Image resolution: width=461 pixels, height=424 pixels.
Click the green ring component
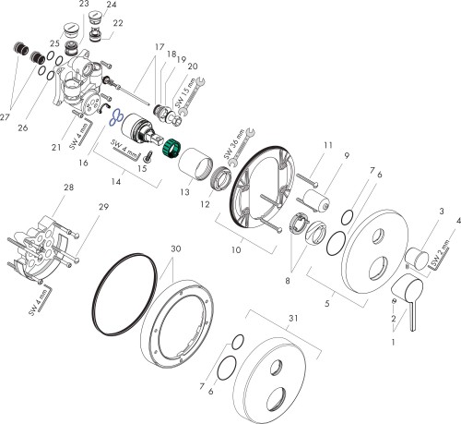pos(171,149)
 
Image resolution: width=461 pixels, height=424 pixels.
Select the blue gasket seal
pos(116,118)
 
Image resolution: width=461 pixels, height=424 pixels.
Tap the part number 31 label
pos(293,318)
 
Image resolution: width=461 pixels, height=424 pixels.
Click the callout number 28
pos(68,187)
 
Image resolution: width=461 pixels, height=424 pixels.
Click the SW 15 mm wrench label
pos(185,93)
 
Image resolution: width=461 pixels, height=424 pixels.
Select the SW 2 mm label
pos(440,253)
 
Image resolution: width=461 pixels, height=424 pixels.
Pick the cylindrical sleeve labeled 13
pos(195,164)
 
